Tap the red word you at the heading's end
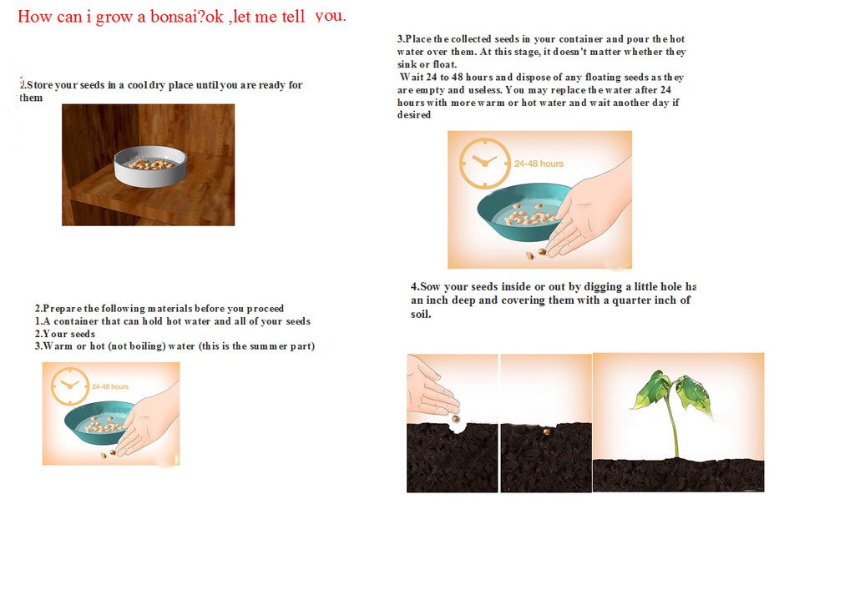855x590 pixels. click(331, 16)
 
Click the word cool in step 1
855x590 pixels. click(141, 85)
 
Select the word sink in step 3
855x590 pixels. click(408, 64)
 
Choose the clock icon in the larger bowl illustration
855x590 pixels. click(484, 162)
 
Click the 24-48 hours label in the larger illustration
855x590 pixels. click(539, 164)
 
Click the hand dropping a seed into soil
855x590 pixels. click(430, 388)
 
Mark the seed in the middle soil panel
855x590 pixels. click(546, 431)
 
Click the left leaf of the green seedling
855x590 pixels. click(652, 390)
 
